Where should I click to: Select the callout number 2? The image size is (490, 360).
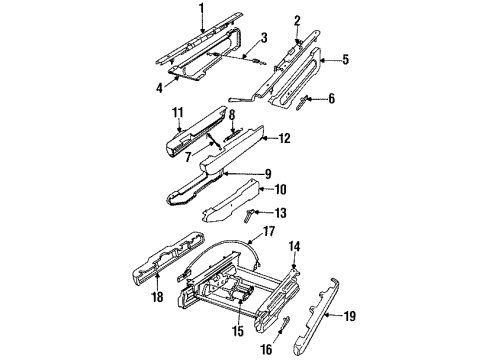tap(297, 20)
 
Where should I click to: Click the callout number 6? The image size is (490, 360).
tap(330, 98)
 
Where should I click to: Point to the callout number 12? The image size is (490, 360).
tap(284, 138)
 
